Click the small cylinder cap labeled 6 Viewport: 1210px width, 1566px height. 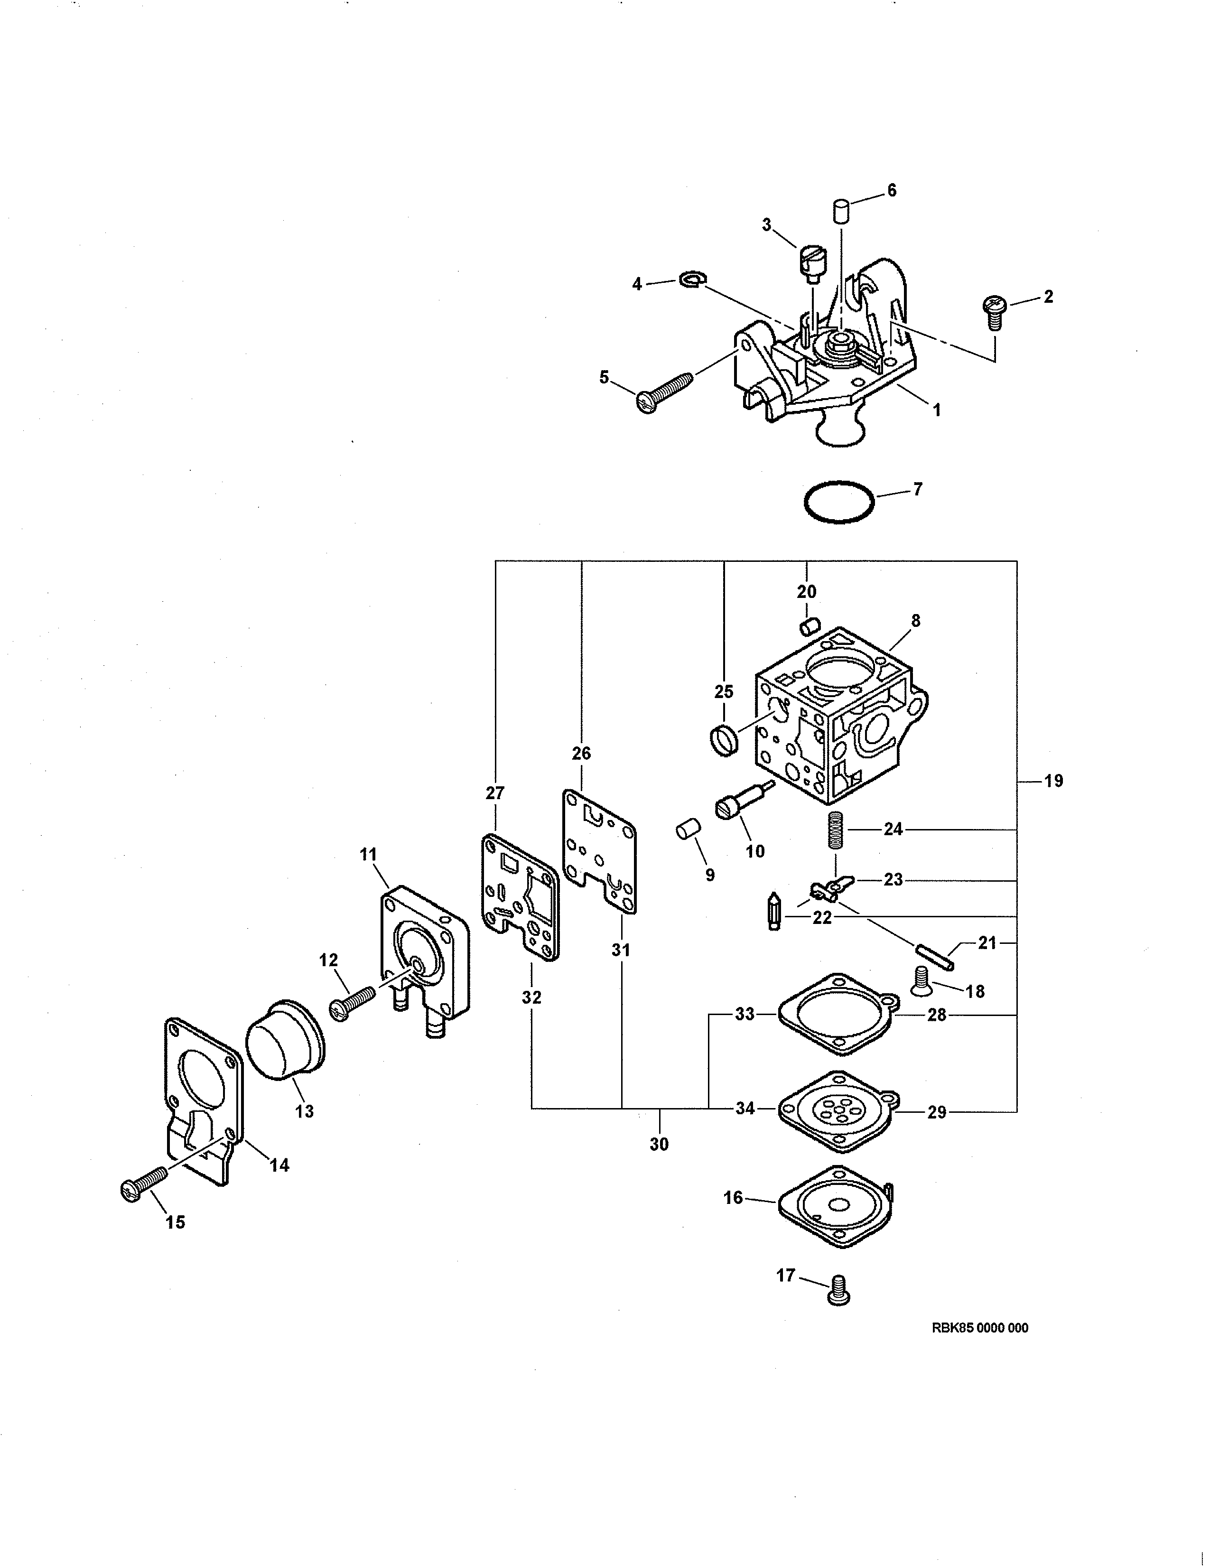(839, 213)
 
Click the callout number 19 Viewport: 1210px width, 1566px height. (1053, 781)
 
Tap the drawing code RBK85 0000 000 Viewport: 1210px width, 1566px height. (979, 1328)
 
